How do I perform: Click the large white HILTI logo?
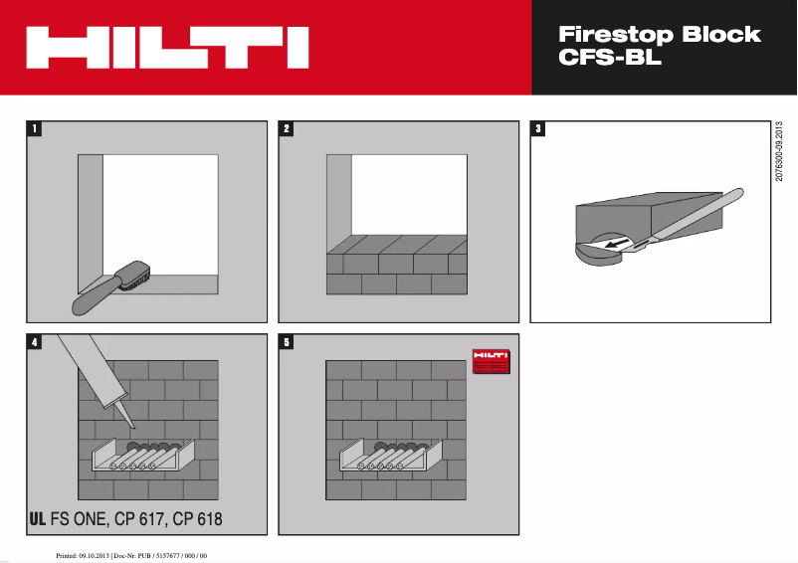click(166, 48)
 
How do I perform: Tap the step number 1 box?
click(36, 128)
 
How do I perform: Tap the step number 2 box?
click(288, 128)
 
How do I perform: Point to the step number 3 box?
click(538, 128)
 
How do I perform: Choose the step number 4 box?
click(36, 342)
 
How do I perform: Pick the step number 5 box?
click(288, 342)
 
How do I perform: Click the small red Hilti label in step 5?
click(489, 361)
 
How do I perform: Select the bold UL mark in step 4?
click(37, 518)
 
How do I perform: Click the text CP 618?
click(197, 518)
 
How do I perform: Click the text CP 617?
click(136, 518)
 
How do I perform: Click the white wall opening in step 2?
click(408, 195)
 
